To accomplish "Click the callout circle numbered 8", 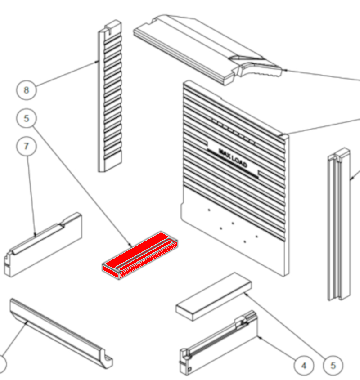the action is coord(27,90).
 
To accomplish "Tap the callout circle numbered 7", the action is coord(27,146).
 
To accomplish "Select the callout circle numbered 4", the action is coord(304,366).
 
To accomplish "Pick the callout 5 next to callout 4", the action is coord(333,366).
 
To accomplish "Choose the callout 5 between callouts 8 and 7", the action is coord(27,118).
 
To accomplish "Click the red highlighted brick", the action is coord(140,255).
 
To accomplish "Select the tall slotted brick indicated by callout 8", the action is coord(110,96).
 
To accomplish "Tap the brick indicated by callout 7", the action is coord(43,245).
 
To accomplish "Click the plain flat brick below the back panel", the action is coord(214,297).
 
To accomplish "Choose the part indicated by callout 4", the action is coord(218,343).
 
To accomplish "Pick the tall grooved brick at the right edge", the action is coord(339,224).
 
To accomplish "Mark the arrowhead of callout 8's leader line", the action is coord(98,61).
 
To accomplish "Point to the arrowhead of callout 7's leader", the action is coord(35,235).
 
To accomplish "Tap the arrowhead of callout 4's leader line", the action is coord(259,337).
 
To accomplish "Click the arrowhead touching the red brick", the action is coord(130,246).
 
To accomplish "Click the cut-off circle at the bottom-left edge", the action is coord(2,364).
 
